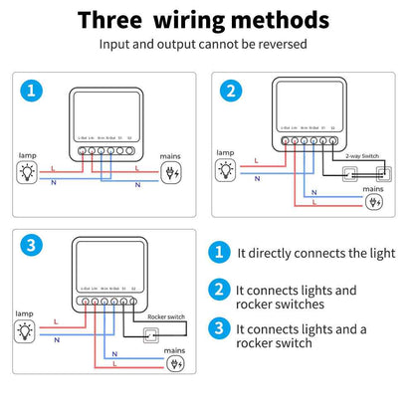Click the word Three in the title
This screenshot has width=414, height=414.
[x=116, y=20]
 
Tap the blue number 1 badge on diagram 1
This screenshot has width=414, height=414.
[x=33, y=91]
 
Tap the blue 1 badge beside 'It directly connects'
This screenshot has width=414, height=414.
[x=219, y=254]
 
